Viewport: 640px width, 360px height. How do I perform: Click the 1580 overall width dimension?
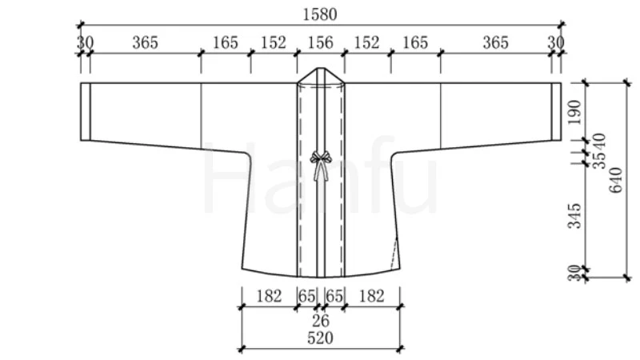click(320, 14)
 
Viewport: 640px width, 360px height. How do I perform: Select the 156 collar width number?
click(321, 42)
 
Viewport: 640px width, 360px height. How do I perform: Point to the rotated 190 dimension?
click(574, 113)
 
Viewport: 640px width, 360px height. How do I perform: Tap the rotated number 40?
click(600, 142)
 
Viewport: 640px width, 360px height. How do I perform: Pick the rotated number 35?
click(600, 160)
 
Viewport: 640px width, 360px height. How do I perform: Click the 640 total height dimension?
click(615, 180)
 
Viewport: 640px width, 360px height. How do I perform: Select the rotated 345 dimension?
click(574, 216)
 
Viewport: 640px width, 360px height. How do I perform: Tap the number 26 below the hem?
click(321, 322)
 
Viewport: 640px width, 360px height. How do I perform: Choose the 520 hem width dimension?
click(321, 338)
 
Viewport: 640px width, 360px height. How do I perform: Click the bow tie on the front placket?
click(321, 165)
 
